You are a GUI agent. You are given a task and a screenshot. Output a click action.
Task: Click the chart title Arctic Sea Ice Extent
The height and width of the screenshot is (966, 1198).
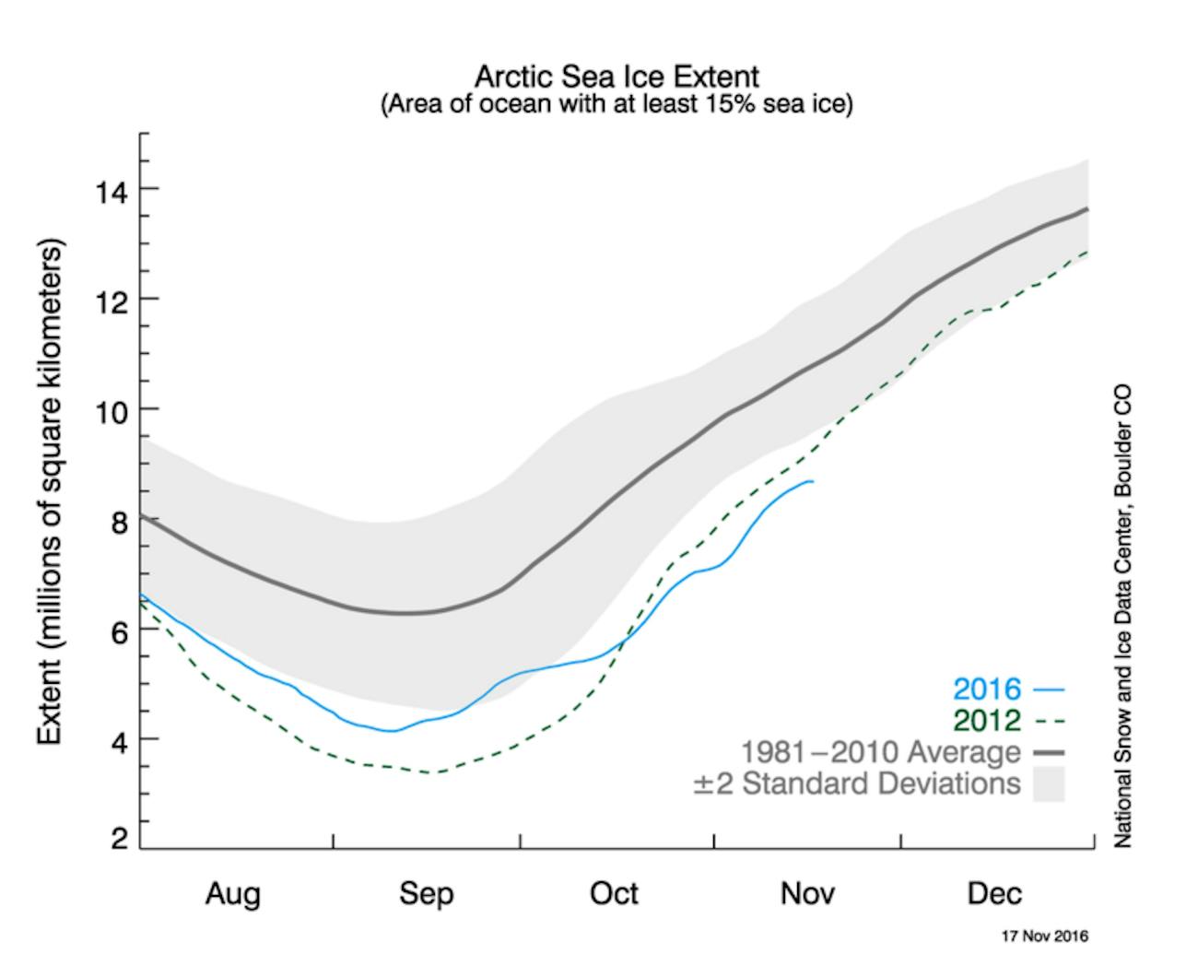pyautogui.click(x=617, y=76)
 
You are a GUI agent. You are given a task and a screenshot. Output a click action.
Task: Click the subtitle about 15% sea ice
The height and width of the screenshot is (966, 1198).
pyautogui.click(x=617, y=103)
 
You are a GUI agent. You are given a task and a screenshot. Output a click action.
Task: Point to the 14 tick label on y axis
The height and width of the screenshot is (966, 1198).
pyautogui.click(x=112, y=191)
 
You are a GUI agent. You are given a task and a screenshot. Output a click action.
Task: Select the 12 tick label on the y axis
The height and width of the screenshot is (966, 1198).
pyautogui.click(x=112, y=300)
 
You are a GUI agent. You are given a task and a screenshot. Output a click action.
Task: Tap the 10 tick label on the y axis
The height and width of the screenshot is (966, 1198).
pyautogui.click(x=112, y=410)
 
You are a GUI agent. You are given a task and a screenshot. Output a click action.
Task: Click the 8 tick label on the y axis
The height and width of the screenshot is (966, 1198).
pyautogui.click(x=121, y=521)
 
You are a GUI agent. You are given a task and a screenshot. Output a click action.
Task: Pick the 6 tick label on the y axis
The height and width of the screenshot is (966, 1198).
pyautogui.click(x=121, y=630)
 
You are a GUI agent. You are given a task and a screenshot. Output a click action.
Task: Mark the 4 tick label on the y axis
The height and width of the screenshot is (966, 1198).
pyautogui.click(x=121, y=740)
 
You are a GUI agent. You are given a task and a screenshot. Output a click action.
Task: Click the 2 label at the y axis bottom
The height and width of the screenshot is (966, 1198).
pyautogui.click(x=121, y=840)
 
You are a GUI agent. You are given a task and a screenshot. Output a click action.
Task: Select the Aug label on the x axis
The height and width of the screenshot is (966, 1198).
pyautogui.click(x=232, y=893)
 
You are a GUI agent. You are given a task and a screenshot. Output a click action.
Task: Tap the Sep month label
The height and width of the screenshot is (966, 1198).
pyautogui.click(x=426, y=893)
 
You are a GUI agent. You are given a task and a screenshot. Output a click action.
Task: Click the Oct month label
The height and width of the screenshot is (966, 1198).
pyautogui.click(x=614, y=893)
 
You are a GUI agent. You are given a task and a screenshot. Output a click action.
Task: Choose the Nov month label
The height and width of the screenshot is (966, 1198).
pyautogui.click(x=807, y=893)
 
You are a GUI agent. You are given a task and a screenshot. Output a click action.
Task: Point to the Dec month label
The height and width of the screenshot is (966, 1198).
pyautogui.click(x=994, y=893)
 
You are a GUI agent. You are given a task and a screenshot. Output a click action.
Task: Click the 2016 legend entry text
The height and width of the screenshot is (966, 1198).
pyautogui.click(x=987, y=689)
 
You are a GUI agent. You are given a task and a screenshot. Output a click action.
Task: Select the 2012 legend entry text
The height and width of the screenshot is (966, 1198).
pyautogui.click(x=987, y=720)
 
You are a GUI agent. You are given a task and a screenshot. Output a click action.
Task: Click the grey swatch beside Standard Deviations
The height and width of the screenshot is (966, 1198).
pyautogui.click(x=1049, y=784)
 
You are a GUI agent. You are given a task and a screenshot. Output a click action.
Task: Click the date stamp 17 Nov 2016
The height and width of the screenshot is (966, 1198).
pyautogui.click(x=1044, y=937)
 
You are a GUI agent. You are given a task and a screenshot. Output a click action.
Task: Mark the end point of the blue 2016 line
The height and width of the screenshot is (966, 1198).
pyautogui.click(x=812, y=481)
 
